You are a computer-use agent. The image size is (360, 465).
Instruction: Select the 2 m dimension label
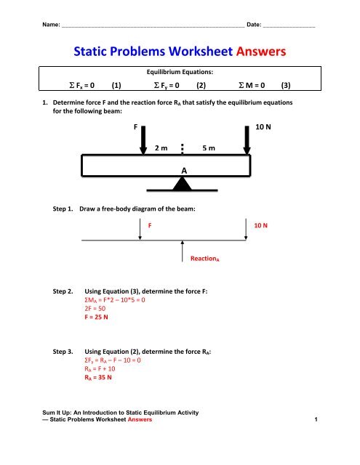(x=162, y=148)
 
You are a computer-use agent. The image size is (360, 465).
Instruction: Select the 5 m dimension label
(x=209, y=148)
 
